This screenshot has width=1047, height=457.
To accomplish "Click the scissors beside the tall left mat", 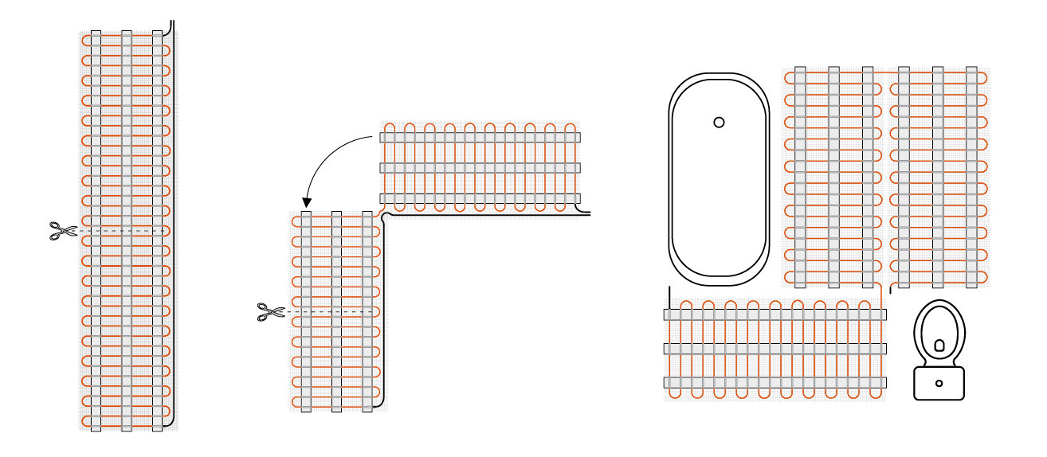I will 61,231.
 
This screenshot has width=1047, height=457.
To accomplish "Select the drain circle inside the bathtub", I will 719,122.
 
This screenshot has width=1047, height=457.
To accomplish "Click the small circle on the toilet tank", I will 939,383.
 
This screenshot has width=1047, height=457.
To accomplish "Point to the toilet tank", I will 939,383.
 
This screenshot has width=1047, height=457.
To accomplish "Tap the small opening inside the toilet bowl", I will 939,346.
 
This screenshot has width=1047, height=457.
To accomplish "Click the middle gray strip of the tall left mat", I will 126,231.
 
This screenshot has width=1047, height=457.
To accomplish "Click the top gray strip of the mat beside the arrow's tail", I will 480,137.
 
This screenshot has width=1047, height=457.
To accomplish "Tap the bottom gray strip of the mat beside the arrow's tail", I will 480,198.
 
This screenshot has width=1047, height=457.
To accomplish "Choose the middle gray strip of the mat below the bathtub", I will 775,349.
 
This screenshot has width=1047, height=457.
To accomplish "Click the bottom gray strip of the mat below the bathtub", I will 775,383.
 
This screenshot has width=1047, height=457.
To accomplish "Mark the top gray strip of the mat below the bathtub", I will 775,314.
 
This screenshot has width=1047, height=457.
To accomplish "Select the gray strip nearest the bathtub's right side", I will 800,177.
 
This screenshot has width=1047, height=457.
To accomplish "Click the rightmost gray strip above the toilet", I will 971,177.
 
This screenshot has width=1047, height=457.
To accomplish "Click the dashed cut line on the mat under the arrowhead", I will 335,311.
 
